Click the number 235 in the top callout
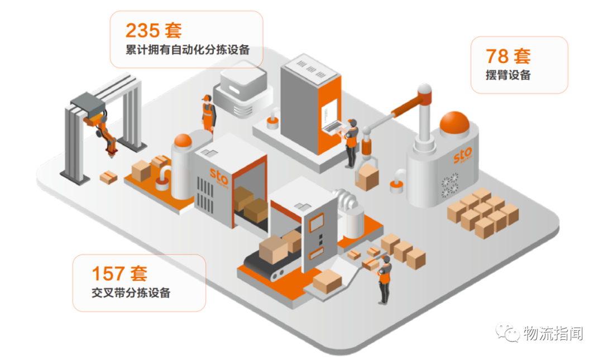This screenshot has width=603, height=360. [x=142, y=30]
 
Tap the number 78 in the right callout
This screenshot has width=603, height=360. [x=497, y=56]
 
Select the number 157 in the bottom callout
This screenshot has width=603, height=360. [x=108, y=273]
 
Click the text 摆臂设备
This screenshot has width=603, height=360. [x=508, y=75]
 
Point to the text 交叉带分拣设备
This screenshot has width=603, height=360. [x=131, y=292]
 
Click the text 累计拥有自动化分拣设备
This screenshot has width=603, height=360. [x=188, y=50]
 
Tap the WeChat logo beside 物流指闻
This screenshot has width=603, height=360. [x=508, y=332]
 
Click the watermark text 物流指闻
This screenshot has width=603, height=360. [x=553, y=333]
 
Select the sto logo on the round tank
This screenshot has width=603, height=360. [x=463, y=155]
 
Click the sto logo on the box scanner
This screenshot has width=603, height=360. [x=219, y=177]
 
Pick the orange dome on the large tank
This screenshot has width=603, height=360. [x=454, y=122]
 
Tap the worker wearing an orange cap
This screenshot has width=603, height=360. [x=208, y=113]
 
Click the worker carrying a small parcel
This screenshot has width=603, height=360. [x=384, y=279]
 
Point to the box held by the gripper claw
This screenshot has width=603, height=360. [x=367, y=177]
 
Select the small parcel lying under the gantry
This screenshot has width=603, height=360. [x=108, y=177]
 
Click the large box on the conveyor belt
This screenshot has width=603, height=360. [x=273, y=249]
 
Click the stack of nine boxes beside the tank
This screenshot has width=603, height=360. [x=483, y=213]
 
